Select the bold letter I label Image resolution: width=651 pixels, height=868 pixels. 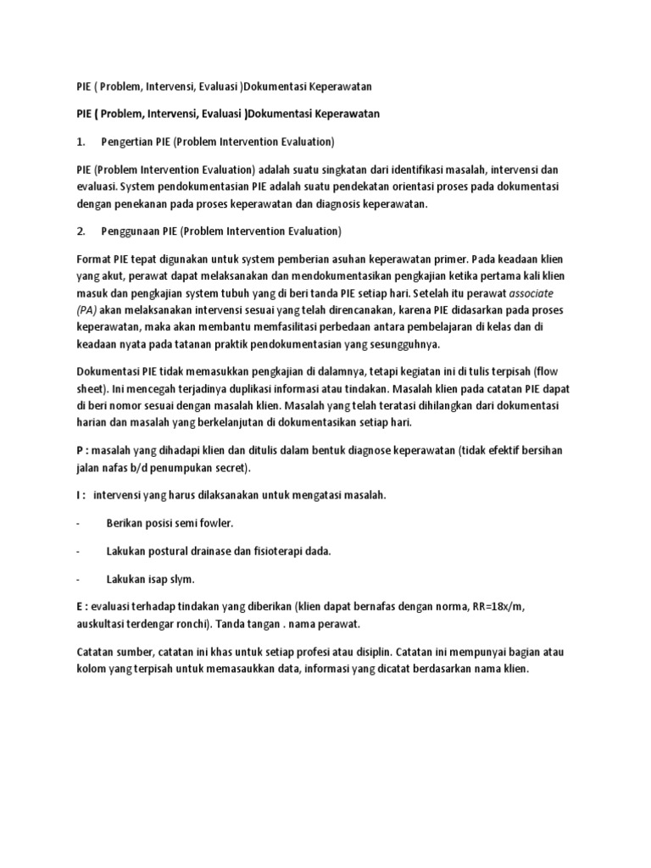click(79, 494)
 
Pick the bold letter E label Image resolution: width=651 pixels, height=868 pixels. click(80, 608)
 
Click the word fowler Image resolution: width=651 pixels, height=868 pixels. click(213, 522)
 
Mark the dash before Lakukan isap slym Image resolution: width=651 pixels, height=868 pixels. click(79, 579)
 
